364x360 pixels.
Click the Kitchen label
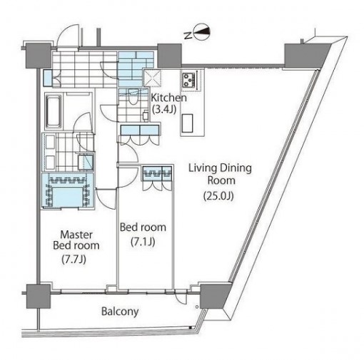click(169, 98)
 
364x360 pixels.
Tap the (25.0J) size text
click(218, 196)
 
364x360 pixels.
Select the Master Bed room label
click(76, 240)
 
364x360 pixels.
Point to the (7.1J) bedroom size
click(143, 242)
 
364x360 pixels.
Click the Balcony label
click(120, 312)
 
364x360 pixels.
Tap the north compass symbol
click(201, 32)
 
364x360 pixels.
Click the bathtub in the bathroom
click(54, 112)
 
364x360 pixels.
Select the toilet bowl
click(133, 97)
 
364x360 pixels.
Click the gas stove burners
click(189, 80)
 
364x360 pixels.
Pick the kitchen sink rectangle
click(187, 123)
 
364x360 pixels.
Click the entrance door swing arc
click(66, 36)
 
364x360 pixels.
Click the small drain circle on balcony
click(197, 307)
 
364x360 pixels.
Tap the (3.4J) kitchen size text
click(164, 109)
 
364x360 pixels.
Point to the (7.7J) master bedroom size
click(74, 259)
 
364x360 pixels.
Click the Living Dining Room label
click(220, 174)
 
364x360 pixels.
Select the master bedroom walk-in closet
click(68, 191)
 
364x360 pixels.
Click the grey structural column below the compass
click(170, 56)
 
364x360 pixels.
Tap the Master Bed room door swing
click(106, 199)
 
